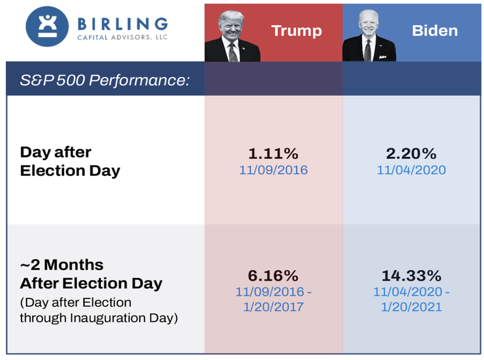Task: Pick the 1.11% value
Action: (x=273, y=153)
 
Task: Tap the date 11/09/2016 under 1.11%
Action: (x=273, y=169)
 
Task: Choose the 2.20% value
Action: (x=411, y=153)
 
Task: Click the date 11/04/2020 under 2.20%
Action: (x=411, y=169)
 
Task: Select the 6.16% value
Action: (x=273, y=274)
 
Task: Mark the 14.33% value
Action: (x=411, y=274)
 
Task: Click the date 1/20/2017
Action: (x=273, y=306)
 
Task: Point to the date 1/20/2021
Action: (x=411, y=306)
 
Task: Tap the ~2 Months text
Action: (x=61, y=265)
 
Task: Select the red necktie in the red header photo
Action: (x=233, y=50)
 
